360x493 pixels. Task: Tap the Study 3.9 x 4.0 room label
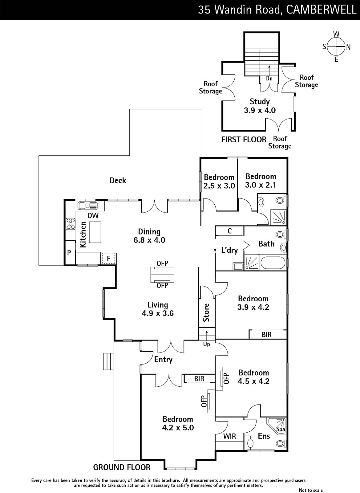point(260,106)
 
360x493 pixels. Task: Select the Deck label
point(118,181)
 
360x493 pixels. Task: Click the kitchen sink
point(87,205)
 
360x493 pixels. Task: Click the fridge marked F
point(108,259)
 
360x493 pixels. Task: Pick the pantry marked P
point(69,253)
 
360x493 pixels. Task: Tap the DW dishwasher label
point(93,216)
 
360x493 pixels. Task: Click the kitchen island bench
point(95,232)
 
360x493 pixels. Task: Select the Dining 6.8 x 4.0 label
point(149,236)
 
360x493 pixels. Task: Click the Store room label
point(206,312)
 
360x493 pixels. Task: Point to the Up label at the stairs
point(207,344)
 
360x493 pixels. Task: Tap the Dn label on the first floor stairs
point(269,79)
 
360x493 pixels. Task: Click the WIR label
point(229,436)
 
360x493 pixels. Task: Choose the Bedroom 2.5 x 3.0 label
point(219,181)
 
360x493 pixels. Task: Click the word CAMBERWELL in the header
point(321,10)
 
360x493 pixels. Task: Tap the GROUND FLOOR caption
point(122,467)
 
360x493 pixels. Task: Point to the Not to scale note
point(311,490)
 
